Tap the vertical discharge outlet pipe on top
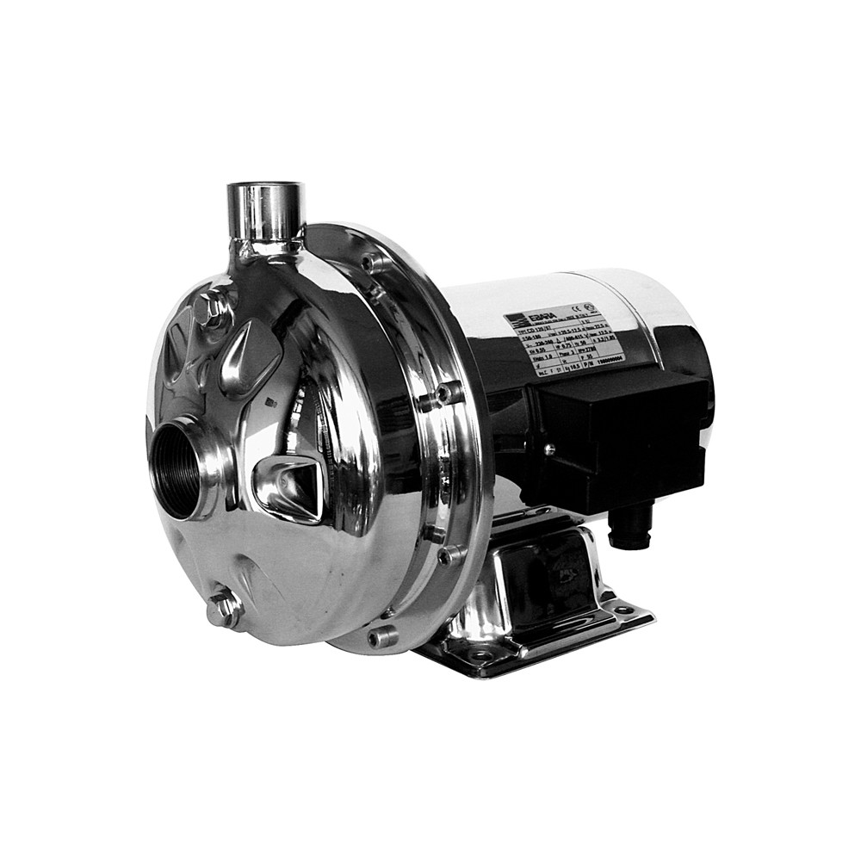point(265,212)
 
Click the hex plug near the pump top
point(209,307)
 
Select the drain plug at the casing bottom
point(223,610)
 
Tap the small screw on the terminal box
point(548,449)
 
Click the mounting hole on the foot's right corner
point(623,610)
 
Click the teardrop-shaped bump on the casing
point(249,353)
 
